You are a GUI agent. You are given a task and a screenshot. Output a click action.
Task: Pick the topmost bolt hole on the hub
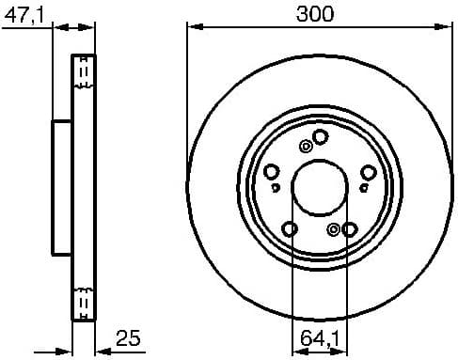[x=320, y=137]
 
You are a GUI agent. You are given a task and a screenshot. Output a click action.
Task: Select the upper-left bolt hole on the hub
[x=272, y=171]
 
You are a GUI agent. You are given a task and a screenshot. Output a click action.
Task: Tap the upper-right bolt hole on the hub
[x=368, y=171]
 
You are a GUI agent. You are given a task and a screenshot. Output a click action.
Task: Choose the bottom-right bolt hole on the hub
[x=350, y=228]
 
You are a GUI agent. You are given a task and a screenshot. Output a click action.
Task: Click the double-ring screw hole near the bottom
[x=334, y=228]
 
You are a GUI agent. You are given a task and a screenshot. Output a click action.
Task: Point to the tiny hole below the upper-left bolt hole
[x=274, y=187]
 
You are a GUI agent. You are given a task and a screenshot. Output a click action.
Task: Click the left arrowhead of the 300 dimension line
[x=193, y=26]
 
